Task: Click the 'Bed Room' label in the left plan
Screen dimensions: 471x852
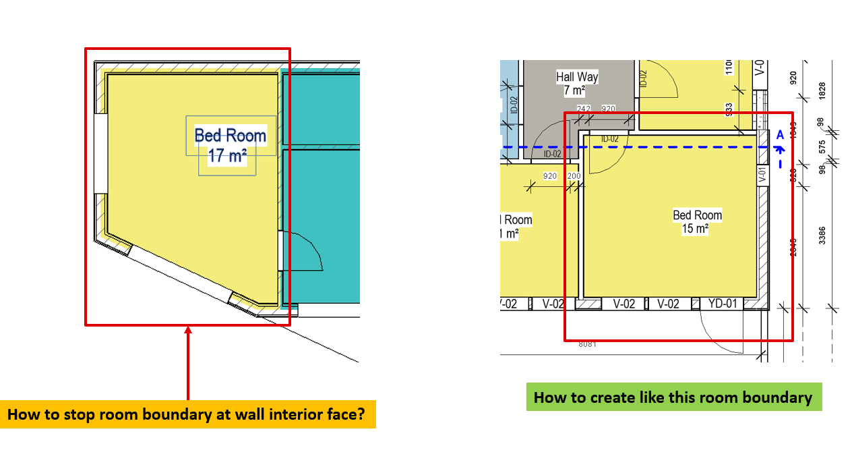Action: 230,136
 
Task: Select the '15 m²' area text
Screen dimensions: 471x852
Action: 696,229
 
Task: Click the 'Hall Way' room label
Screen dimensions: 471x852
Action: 577,77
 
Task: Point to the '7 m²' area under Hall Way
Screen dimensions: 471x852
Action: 574,90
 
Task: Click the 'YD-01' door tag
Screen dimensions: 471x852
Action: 722,304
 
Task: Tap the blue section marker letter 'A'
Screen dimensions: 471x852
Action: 780,135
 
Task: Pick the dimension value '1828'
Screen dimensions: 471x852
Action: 821,91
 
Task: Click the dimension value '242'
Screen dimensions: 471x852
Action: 584,109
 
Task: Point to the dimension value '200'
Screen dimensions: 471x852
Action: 574,176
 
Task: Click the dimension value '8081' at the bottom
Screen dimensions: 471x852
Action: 588,343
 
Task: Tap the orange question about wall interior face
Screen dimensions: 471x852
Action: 190,414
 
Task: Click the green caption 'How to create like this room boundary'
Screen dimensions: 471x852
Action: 673,397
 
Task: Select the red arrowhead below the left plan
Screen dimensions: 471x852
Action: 188,331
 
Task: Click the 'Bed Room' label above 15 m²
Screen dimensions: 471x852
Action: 697,215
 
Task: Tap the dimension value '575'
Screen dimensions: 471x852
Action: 821,146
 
